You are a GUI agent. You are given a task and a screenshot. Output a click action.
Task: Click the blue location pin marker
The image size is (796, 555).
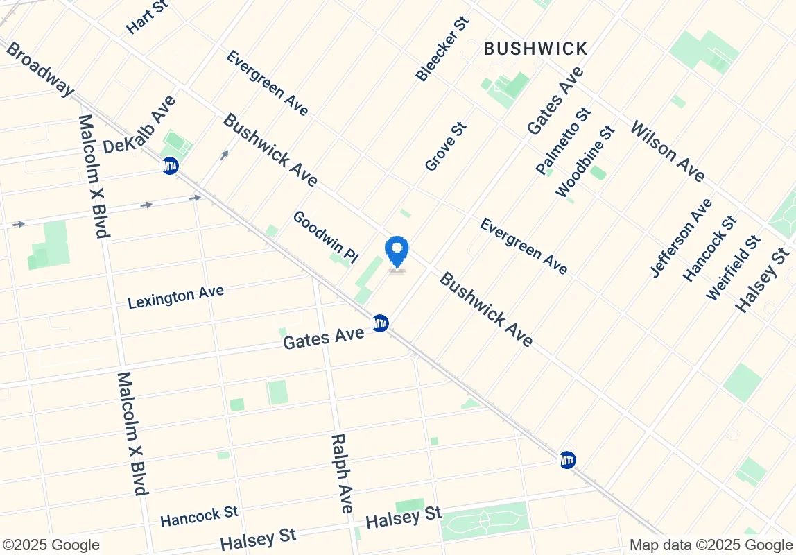coord(397,251)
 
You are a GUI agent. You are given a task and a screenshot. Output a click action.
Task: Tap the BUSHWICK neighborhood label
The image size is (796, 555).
coord(535,49)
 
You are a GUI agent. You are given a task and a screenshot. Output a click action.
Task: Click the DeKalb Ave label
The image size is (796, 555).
coord(139,126)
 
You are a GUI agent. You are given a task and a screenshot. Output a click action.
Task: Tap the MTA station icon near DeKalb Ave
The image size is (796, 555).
coord(170,166)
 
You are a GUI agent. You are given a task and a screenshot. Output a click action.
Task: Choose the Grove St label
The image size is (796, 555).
coord(446,146)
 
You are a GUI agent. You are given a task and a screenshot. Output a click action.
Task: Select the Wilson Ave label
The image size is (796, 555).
coord(667,151)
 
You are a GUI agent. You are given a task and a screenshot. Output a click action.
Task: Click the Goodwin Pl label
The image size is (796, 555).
coord(325,237)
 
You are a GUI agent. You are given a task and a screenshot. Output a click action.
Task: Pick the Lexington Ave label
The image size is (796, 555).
coord(176,296)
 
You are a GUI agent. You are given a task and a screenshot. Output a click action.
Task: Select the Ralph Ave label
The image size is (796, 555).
coord(342,474)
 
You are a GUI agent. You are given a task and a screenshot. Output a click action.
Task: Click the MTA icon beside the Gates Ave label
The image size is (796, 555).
coord(380,323)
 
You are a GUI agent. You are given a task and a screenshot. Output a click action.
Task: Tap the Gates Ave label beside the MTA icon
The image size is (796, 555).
coord(324,338)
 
